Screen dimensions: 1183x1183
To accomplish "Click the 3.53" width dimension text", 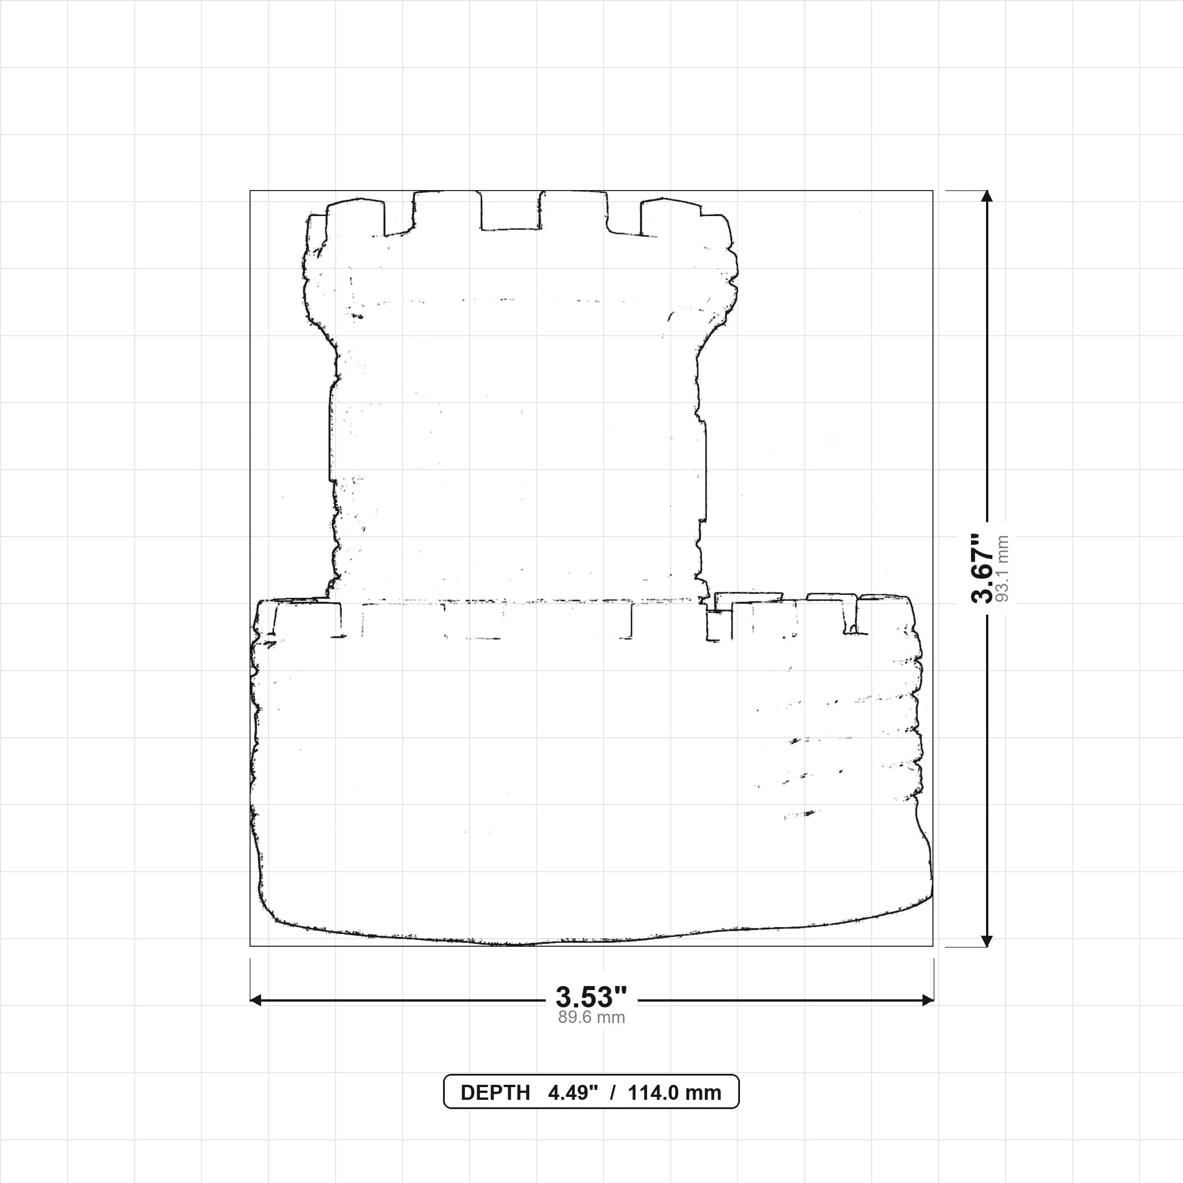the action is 591,997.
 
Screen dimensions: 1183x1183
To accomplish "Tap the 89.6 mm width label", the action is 591,1018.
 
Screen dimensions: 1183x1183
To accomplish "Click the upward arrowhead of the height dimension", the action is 987,196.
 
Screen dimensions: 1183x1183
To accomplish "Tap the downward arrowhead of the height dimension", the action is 987,941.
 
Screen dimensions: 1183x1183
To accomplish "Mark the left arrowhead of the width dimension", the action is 256,1000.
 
